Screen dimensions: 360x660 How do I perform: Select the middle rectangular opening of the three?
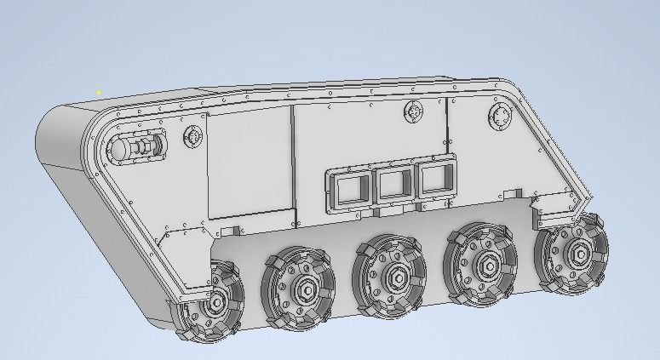coord(393,183)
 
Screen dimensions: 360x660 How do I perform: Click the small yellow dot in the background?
coord(99,92)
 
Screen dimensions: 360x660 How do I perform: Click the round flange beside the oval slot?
coord(192,137)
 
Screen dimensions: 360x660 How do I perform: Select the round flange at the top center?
coord(415,111)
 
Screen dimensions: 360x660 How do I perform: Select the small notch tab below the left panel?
coord(227,232)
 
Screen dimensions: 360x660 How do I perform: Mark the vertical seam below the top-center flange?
coord(445,128)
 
